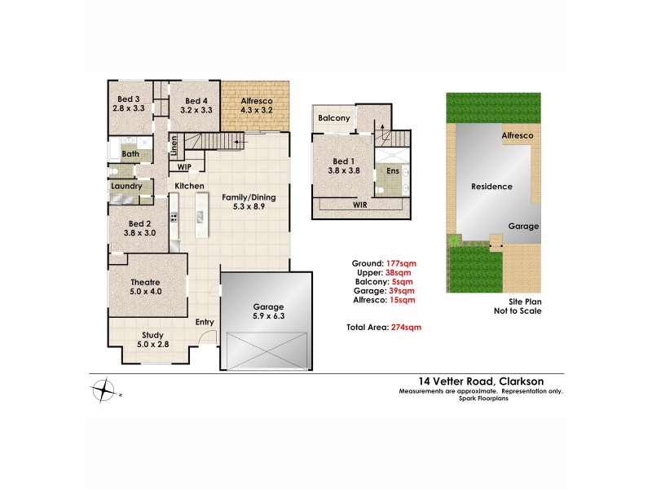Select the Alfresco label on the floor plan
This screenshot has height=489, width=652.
tap(257, 102)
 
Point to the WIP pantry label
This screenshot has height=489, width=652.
tap(186, 167)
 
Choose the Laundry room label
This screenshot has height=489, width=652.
tap(126, 186)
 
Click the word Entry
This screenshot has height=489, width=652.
tap(205, 322)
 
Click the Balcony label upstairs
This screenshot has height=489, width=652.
tap(334, 119)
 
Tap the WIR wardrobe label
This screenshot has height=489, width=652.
tap(359, 207)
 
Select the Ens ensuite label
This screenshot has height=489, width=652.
tap(392, 171)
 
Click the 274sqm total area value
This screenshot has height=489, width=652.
tap(406, 327)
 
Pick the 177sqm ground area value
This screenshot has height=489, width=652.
tap(401, 263)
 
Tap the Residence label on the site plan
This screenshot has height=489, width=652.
tap(492, 187)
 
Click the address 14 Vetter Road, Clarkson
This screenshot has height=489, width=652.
tap(480, 381)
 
